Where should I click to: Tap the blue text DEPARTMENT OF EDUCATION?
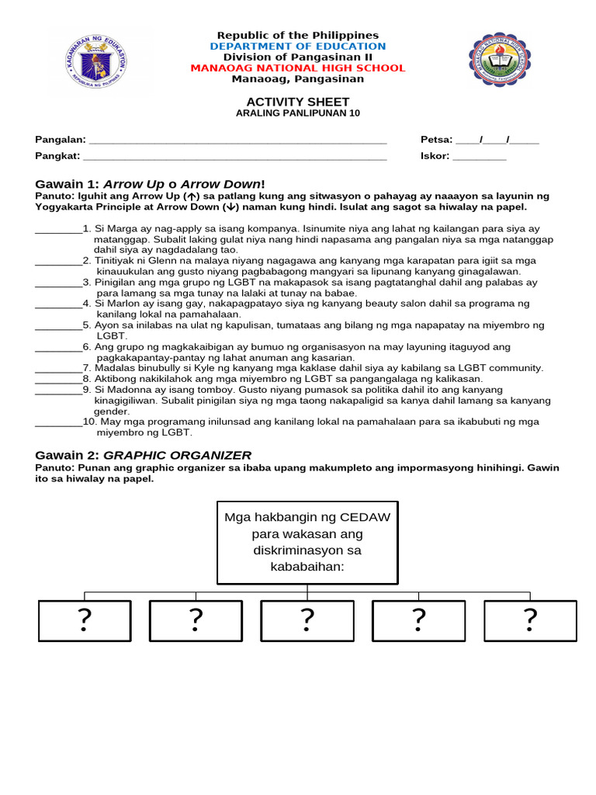[298, 47]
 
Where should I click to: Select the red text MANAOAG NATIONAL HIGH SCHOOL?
[298, 68]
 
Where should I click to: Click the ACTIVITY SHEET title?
[298, 102]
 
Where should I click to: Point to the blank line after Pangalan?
[238, 141]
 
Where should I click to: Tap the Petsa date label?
[435, 140]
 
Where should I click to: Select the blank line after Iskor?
[479, 157]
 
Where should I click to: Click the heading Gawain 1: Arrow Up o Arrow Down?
[151, 184]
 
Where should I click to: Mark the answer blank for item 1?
[58, 230]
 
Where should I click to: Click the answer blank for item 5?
[58, 326]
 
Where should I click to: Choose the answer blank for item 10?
[58, 422]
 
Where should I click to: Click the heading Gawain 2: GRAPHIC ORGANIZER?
[144, 455]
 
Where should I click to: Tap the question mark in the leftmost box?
[84, 620]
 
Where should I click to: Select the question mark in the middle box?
[307, 620]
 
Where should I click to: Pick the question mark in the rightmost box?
[530, 620]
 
